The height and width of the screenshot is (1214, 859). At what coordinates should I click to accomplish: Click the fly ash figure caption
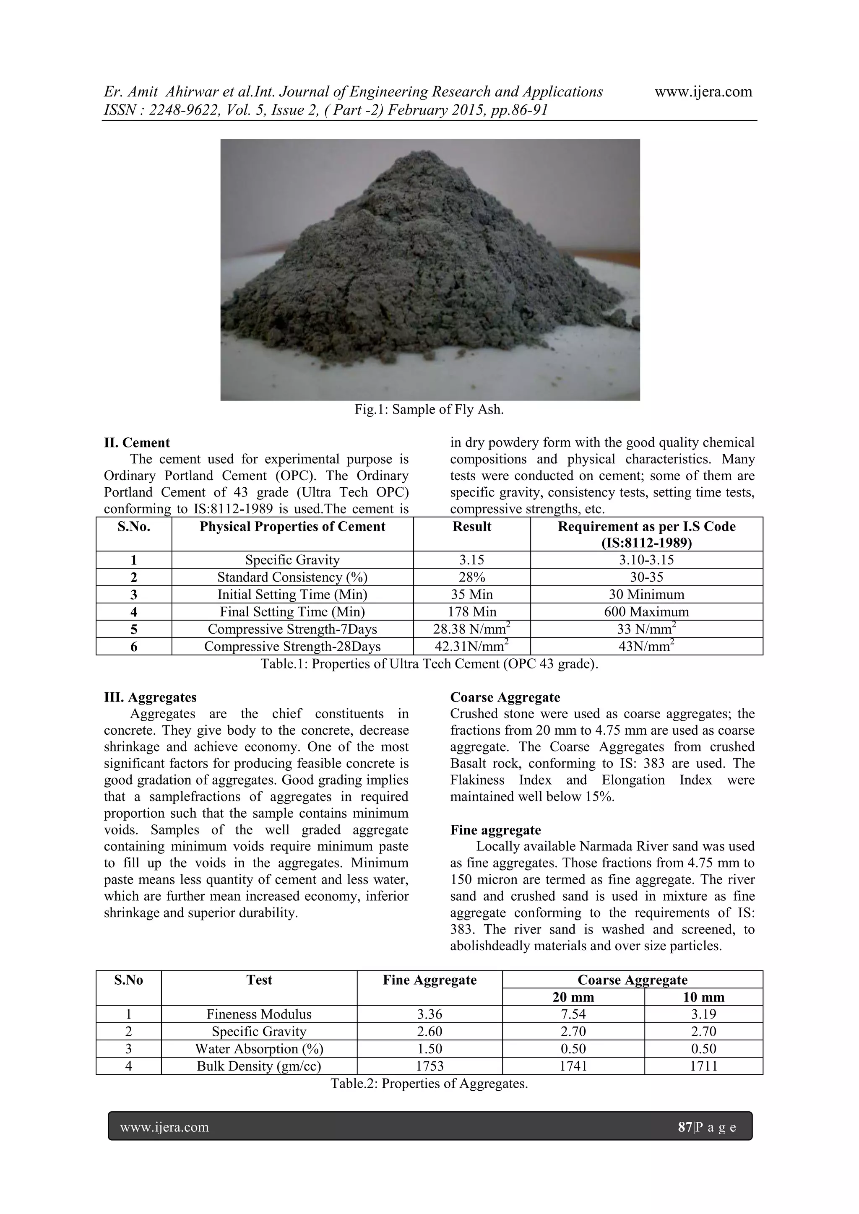[x=429, y=410]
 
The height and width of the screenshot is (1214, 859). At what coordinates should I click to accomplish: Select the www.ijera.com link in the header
[x=703, y=92]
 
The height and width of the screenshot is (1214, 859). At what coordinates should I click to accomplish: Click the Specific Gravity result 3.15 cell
[x=471, y=560]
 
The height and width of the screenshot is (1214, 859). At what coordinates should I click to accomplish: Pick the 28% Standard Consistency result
[x=471, y=577]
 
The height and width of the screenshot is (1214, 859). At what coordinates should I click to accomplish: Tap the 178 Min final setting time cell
[x=471, y=612]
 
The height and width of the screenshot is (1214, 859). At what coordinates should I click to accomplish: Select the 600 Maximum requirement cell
[x=646, y=612]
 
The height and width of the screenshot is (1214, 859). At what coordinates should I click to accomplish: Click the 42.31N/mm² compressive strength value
[x=471, y=646]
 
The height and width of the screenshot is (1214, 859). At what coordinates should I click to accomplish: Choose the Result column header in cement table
[x=471, y=527]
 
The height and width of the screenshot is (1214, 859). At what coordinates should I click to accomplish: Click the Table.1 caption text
[x=429, y=663]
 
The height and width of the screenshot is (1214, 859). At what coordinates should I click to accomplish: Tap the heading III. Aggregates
[x=150, y=697]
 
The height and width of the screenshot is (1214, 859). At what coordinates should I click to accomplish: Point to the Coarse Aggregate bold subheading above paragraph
[x=505, y=697]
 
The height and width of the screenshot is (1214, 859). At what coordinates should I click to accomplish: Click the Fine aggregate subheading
[x=496, y=829]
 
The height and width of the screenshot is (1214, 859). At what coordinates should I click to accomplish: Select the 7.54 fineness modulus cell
[x=573, y=1014]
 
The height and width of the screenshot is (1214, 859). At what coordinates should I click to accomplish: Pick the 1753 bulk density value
[x=429, y=1066]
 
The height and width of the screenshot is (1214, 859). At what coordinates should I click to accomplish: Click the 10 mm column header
[x=703, y=997]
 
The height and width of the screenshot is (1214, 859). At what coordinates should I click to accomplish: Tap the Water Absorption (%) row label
[x=259, y=1048]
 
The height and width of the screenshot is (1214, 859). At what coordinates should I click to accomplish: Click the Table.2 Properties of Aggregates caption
[x=429, y=1084]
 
